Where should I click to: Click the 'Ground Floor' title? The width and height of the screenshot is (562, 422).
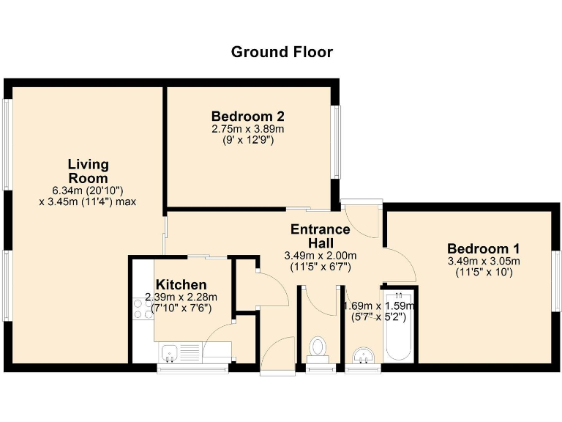[x=282, y=52]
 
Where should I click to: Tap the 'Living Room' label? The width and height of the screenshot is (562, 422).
[x=88, y=171]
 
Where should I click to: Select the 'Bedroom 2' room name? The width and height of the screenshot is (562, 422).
[x=247, y=116]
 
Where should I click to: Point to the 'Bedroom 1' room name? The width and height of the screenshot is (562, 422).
[x=483, y=248]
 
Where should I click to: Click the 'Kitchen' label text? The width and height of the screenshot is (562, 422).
[x=181, y=284]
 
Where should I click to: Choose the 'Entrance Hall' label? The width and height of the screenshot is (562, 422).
[x=320, y=236]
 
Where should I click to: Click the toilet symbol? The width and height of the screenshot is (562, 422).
[x=318, y=347]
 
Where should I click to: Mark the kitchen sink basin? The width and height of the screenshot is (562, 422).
[x=170, y=352]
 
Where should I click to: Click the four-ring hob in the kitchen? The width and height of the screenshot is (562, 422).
[x=143, y=308]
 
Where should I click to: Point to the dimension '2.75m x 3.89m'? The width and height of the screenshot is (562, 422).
[x=247, y=129]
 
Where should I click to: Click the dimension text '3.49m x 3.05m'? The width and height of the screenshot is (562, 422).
[x=483, y=261]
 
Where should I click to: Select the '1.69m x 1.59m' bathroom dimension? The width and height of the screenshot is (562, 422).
[x=380, y=306]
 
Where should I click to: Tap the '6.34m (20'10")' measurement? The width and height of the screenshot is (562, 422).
[x=88, y=190]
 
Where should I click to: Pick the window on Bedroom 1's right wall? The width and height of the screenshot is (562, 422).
[x=556, y=286]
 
